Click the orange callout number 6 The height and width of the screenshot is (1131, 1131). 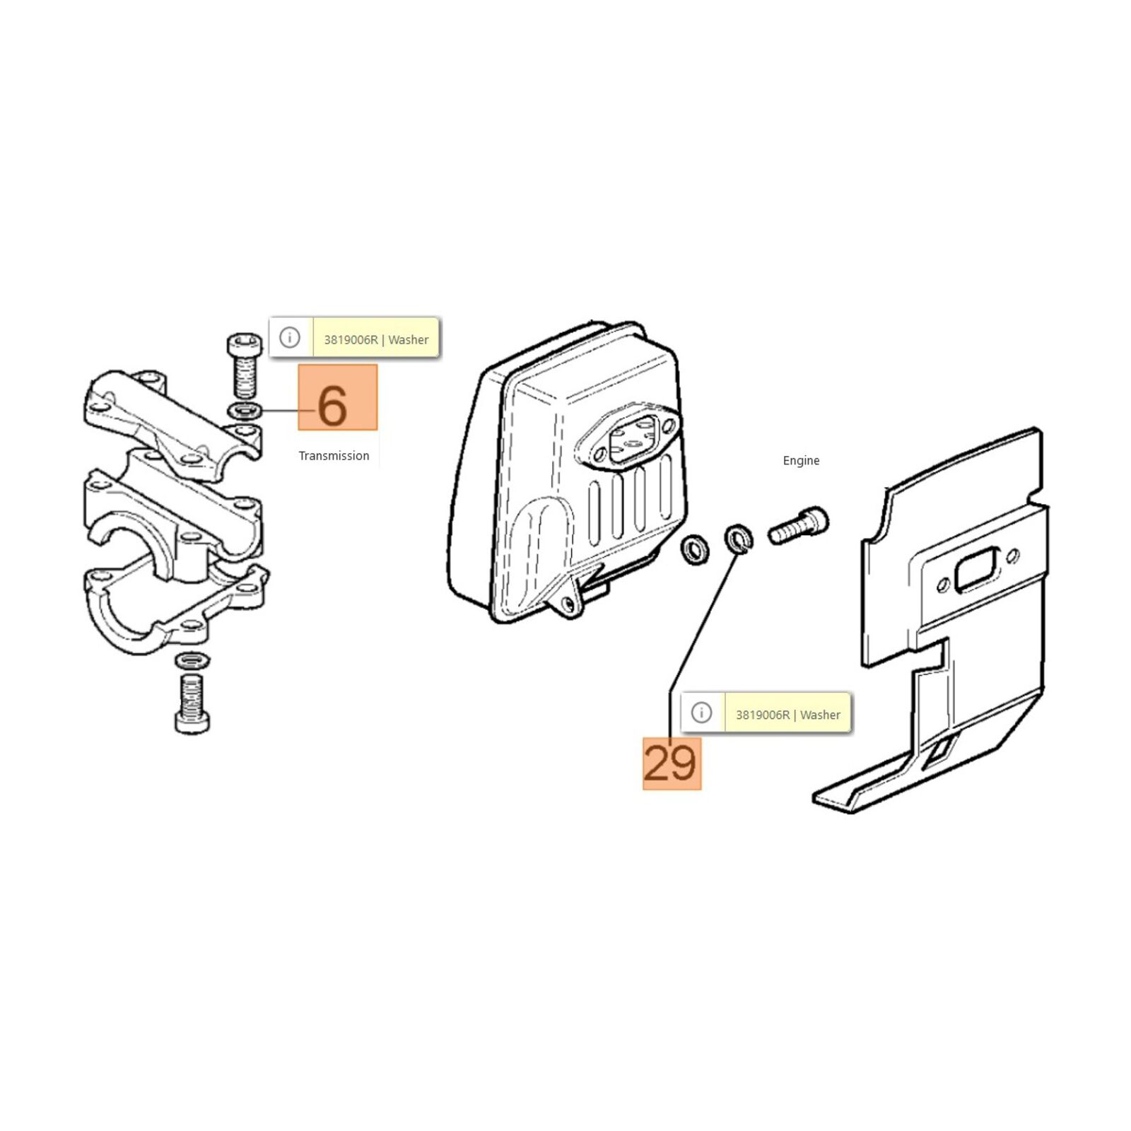[337, 397]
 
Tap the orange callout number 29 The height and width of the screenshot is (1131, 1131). [672, 763]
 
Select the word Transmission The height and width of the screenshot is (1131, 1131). [334, 456]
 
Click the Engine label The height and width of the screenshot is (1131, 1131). [801, 461]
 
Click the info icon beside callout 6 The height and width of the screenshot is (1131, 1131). [290, 338]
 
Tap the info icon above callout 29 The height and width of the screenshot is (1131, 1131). [701, 713]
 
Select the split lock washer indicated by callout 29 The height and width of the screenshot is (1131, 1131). [739, 539]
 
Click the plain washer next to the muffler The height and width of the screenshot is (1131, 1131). [695, 549]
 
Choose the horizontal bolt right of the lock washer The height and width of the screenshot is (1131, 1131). [798, 526]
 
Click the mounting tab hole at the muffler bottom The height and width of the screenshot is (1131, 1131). [565, 602]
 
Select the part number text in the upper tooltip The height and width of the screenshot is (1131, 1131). [351, 340]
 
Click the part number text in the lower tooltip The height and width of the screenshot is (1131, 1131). [763, 715]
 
